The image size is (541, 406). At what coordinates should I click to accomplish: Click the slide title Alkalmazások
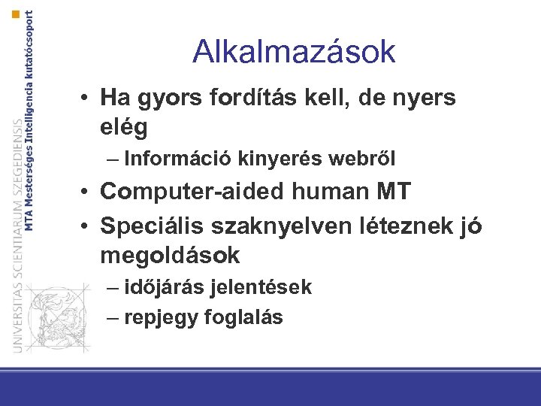click(293, 52)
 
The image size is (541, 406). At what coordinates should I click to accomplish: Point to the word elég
click(123, 127)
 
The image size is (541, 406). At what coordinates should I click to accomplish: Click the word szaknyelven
click(274, 225)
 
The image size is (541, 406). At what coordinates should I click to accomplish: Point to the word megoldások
click(170, 256)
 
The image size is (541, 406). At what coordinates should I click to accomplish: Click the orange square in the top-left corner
click(17, 14)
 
